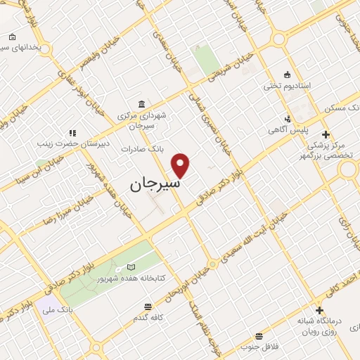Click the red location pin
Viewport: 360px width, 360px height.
pos(181,165)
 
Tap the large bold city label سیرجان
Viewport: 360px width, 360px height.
pos(155,184)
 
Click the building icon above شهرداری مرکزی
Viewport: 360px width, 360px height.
pos(143,103)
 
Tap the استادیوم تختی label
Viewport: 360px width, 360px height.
pos(287,86)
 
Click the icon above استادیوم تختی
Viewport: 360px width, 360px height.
pos(287,75)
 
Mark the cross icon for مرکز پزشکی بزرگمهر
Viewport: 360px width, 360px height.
pos(325,134)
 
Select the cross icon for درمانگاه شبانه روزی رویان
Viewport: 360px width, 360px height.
pos(319,310)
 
